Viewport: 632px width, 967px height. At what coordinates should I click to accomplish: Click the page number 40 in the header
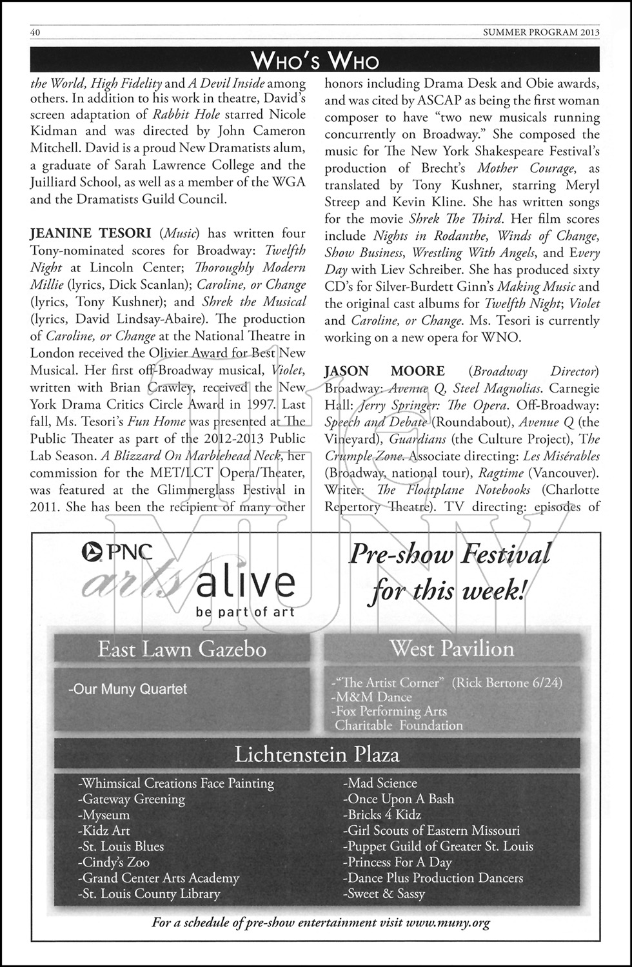pyautogui.click(x=36, y=32)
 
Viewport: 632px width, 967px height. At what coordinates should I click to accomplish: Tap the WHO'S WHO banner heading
pyautogui.click(x=315, y=61)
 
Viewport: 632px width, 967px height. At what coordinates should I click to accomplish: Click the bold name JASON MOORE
pyautogui.click(x=384, y=371)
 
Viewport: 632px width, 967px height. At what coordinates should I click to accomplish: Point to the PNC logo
pyautogui.click(x=117, y=551)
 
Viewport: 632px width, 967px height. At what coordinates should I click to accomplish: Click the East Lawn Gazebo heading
pyautogui.click(x=182, y=649)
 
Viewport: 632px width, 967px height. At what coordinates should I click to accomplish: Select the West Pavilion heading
pyautogui.click(x=452, y=649)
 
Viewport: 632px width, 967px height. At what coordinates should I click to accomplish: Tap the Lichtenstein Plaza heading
pyautogui.click(x=317, y=754)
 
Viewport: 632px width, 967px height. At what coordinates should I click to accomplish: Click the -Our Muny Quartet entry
pyautogui.click(x=127, y=689)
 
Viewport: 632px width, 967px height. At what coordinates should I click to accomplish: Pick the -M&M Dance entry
pyautogui.click(x=370, y=697)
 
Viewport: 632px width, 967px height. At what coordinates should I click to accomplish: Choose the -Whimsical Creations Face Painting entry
pyautogui.click(x=175, y=783)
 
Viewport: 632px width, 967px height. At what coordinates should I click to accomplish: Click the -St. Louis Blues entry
pyautogui.click(x=121, y=846)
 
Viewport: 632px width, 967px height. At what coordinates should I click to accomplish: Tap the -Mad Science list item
pyautogui.click(x=380, y=783)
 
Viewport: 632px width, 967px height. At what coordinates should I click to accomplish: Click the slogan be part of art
pyautogui.click(x=245, y=612)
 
